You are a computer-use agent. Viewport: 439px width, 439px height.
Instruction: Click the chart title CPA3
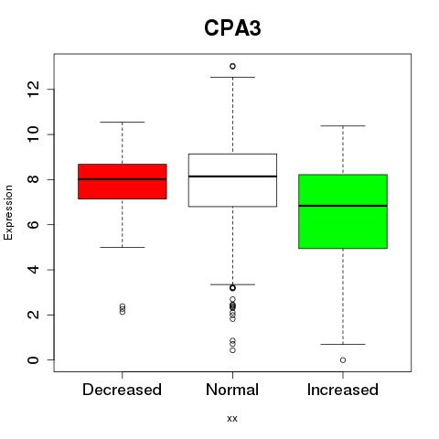pyautogui.click(x=232, y=28)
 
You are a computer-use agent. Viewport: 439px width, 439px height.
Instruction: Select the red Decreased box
pyautogui.click(x=123, y=181)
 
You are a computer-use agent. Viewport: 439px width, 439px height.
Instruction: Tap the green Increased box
pyautogui.click(x=343, y=211)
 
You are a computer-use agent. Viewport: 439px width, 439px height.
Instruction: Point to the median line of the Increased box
pyautogui.click(x=343, y=206)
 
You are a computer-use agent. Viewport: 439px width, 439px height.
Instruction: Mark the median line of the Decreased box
pyautogui.click(x=123, y=179)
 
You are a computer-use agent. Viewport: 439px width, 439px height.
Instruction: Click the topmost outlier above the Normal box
pyautogui.click(x=232, y=66)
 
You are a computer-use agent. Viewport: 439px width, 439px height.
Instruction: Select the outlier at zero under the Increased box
pyautogui.click(x=343, y=360)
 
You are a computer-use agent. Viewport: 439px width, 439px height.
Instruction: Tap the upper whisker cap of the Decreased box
pyautogui.click(x=123, y=122)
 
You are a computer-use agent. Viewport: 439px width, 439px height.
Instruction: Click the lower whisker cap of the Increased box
pyautogui.click(x=343, y=344)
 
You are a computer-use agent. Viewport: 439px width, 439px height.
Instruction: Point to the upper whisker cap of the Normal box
pyautogui.click(x=232, y=77)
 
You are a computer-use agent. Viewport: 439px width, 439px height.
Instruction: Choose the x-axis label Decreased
pyautogui.click(x=122, y=390)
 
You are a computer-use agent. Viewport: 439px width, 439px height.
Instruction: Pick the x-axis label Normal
pyautogui.click(x=232, y=390)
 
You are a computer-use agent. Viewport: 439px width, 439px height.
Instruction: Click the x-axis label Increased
pyautogui.click(x=343, y=390)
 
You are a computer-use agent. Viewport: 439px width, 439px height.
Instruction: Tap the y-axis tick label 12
pyautogui.click(x=34, y=89)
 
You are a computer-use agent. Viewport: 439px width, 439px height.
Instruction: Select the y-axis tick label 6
pyautogui.click(x=34, y=225)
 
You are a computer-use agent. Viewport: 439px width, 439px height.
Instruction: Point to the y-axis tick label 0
pyautogui.click(x=34, y=360)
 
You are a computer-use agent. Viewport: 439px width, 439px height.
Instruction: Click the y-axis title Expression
pyautogui.click(x=8, y=212)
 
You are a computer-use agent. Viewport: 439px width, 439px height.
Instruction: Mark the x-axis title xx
pyautogui.click(x=232, y=419)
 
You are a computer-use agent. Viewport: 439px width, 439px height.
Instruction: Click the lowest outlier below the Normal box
pyautogui.click(x=232, y=350)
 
